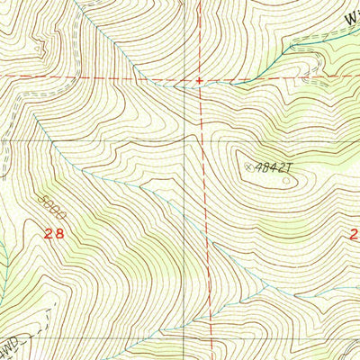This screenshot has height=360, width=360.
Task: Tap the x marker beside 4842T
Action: pyautogui.click(x=248, y=165)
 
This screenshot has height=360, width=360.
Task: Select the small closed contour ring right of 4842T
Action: pyautogui.click(x=286, y=181)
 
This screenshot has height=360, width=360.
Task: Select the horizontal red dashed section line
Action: pyautogui.click(x=108, y=78)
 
